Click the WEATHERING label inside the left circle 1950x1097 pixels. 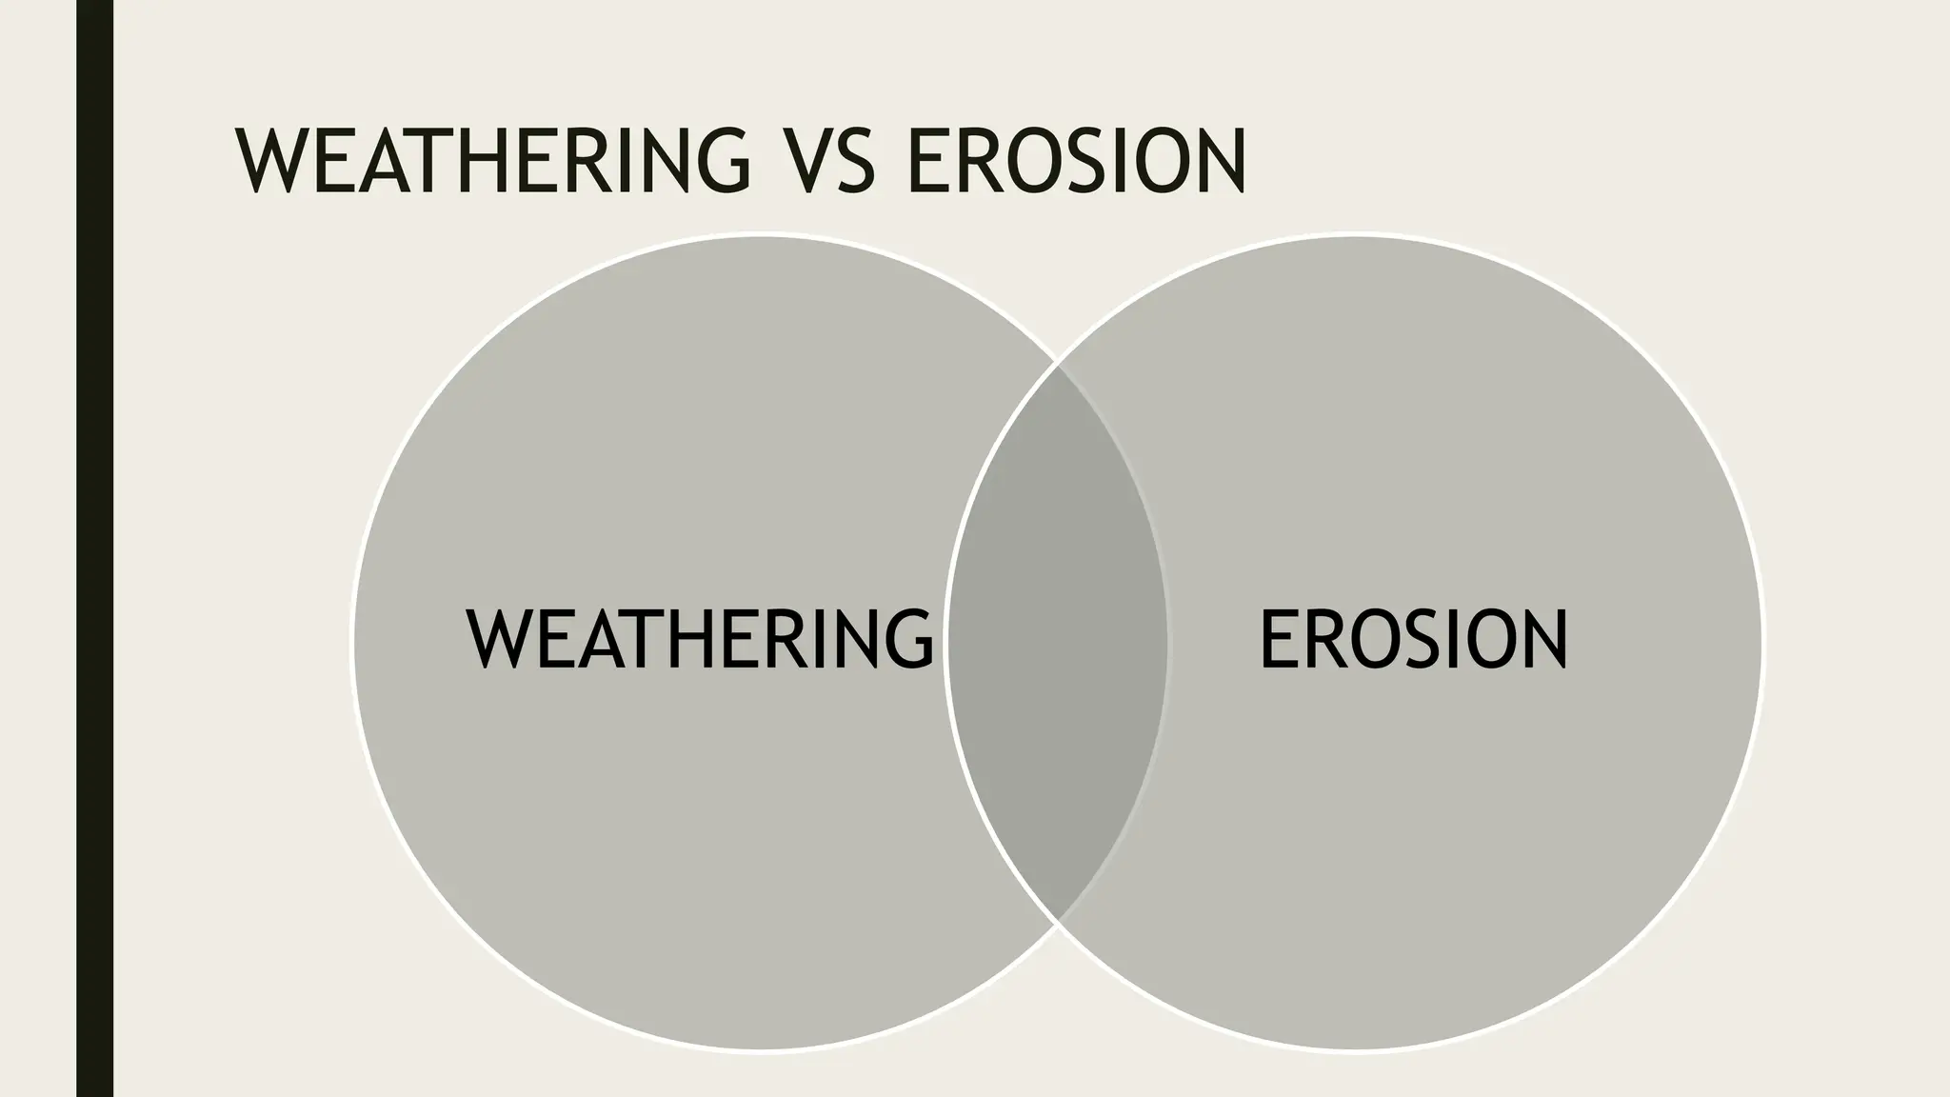click(x=700, y=640)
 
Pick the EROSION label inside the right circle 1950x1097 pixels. click(x=1413, y=640)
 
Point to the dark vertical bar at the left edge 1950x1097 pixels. click(x=94, y=548)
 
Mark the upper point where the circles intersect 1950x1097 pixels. click(x=1058, y=363)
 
